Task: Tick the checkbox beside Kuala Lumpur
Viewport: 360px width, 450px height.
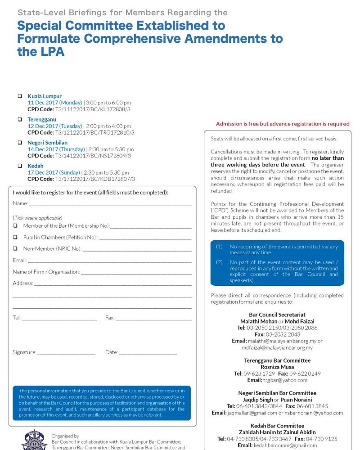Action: (20, 96)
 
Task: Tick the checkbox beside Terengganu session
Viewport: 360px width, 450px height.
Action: (20, 120)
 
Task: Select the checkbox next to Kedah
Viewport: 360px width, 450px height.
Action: (20, 166)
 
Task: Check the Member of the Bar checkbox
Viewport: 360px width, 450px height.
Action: (15, 226)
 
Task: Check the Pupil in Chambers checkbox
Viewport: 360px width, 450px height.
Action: (15, 237)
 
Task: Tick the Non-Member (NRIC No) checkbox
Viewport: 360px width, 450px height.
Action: (15, 248)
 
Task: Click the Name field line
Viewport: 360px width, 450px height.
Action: (110, 204)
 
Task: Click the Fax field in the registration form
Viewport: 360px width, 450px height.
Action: (153, 319)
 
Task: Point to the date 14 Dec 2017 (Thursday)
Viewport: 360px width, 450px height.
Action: (56, 149)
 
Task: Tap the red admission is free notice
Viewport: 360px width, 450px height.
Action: (283, 124)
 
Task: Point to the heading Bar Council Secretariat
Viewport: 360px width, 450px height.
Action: (277, 315)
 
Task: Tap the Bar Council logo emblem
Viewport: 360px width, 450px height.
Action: (34, 440)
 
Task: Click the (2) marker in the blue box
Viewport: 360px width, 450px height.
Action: (219, 262)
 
